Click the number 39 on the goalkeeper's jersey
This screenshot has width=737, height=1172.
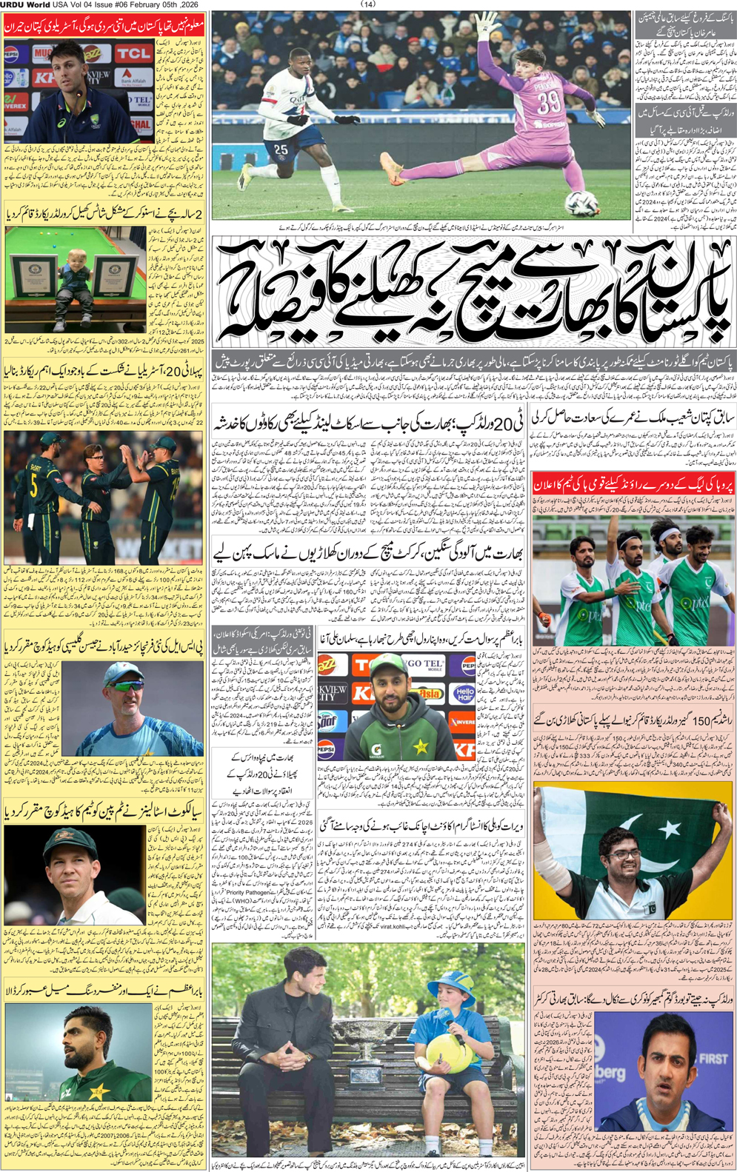(x=549, y=102)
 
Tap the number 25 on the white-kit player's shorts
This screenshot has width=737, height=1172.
(x=281, y=150)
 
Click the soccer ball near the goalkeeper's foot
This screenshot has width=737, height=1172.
(x=582, y=203)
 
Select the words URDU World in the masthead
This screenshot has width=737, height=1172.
(x=25, y=4)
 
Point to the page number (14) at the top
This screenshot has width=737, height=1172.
(x=368, y=4)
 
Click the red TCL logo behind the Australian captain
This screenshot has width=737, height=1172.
(x=133, y=53)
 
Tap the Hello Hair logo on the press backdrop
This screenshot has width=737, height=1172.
(x=464, y=694)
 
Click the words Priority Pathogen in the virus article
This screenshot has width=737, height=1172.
(x=245, y=893)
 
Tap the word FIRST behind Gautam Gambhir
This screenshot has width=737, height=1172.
(x=713, y=1058)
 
